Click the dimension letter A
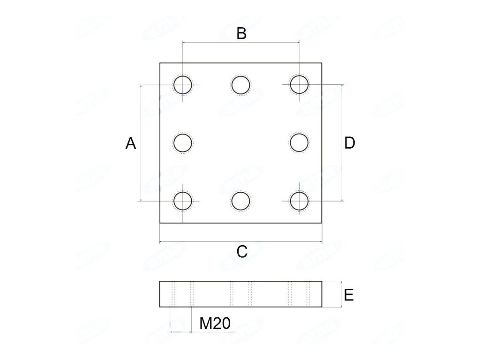click(131, 143)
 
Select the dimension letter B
click(241, 34)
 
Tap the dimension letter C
click(241, 252)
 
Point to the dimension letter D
click(350, 143)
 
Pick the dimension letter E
click(348, 295)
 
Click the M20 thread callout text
click(215, 323)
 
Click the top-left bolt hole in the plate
click(183, 85)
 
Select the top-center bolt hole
click(241, 85)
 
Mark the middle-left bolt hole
click(183, 143)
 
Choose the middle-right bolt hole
click(299, 143)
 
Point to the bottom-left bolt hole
click(183, 201)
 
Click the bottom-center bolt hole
click(241, 201)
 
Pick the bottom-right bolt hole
click(299, 201)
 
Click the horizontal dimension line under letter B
click(241, 42)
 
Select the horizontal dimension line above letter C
click(241, 242)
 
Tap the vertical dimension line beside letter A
click(141, 169)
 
